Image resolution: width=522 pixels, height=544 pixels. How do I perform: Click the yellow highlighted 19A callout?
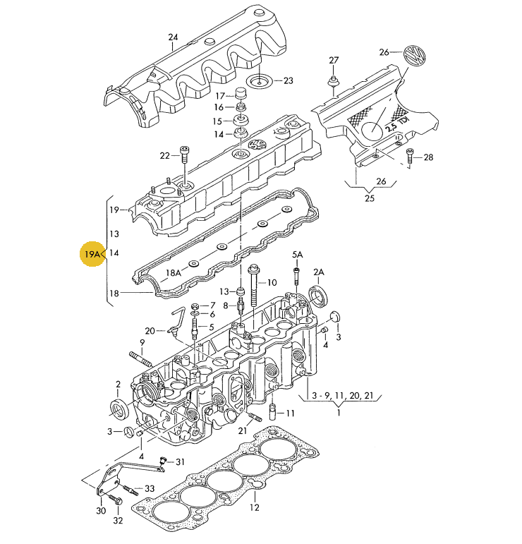(x=92, y=254)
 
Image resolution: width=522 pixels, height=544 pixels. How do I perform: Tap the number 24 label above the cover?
(x=174, y=37)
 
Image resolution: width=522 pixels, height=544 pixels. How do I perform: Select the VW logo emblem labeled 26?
(x=415, y=56)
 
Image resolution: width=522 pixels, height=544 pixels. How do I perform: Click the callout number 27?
(x=334, y=60)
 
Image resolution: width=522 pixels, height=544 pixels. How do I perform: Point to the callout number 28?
(x=428, y=157)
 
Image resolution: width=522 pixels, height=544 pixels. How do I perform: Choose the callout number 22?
(x=164, y=155)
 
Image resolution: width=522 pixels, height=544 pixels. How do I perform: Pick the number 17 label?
(x=219, y=95)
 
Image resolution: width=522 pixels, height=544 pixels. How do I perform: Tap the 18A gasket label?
(x=174, y=272)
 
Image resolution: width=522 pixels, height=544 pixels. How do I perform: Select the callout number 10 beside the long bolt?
(x=272, y=282)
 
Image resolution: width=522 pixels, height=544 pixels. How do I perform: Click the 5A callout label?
(x=298, y=255)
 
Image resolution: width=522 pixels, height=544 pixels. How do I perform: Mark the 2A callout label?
(x=319, y=272)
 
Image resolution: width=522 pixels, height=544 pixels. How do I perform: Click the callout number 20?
(x=150, y=330)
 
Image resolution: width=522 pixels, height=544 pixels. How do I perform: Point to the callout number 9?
(x=141, y=343)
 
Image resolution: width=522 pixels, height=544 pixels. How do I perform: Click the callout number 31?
(x=180, y=462)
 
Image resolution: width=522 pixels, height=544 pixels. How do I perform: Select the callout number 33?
(x=149, y=488)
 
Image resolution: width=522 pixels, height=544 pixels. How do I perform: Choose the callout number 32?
(x=118, y=521)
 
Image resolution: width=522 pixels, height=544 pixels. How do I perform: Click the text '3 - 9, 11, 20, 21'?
(x=338, y=397)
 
